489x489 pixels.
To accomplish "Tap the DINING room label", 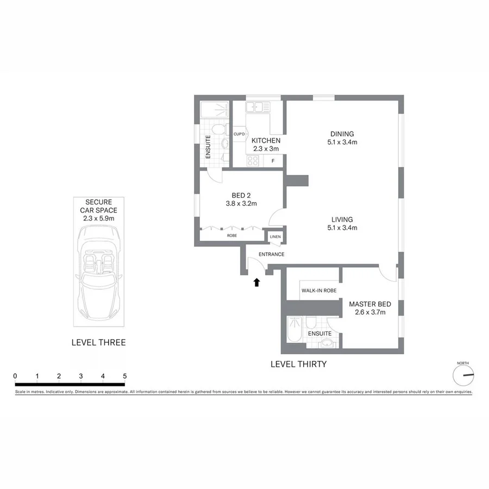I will point(342,134).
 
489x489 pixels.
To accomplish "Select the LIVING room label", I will point(342,220).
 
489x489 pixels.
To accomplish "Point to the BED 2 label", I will point(240,196).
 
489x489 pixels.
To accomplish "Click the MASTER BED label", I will point(367,304).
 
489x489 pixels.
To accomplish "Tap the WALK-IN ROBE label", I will point(319,291).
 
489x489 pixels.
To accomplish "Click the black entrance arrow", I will point(257,281).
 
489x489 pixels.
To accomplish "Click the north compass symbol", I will point(463,375).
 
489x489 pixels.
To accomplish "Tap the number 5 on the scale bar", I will point(125,376).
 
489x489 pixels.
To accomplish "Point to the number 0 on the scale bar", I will point(15,376).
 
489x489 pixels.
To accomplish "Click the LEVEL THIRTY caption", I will point(298,364).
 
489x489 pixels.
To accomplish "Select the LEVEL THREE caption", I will point(98,342).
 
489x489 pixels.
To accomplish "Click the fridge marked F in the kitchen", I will point(273,161).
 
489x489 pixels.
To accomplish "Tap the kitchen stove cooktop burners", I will point(253,161).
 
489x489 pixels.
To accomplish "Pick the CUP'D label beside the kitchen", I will point(239,134).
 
